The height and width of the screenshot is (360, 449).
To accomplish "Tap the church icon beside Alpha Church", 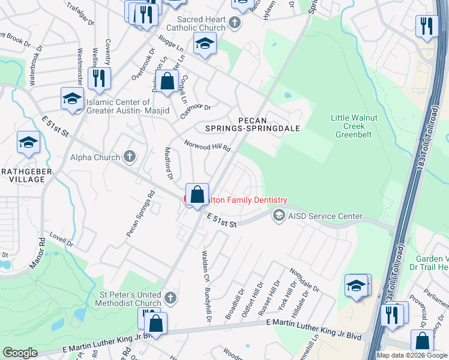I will pos(129,157).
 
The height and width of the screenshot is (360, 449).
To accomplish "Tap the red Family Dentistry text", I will pos(249,200).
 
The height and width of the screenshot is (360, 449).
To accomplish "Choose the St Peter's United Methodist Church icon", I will pos(170,298).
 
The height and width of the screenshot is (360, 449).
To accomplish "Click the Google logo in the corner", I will pos(20,353).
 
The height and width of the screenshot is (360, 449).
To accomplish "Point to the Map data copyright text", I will pos(412,355).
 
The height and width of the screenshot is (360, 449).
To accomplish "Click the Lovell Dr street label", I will pos(61,241).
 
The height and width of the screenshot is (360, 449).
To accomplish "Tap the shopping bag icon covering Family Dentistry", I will pos(197,194).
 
